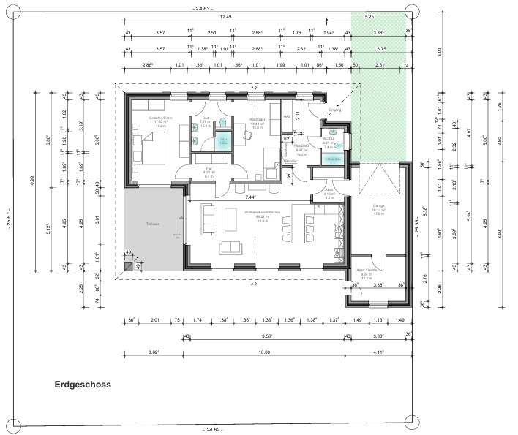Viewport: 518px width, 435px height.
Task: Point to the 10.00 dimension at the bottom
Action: (264, 352)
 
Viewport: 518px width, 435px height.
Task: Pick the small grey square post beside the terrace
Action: (129, 268)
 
